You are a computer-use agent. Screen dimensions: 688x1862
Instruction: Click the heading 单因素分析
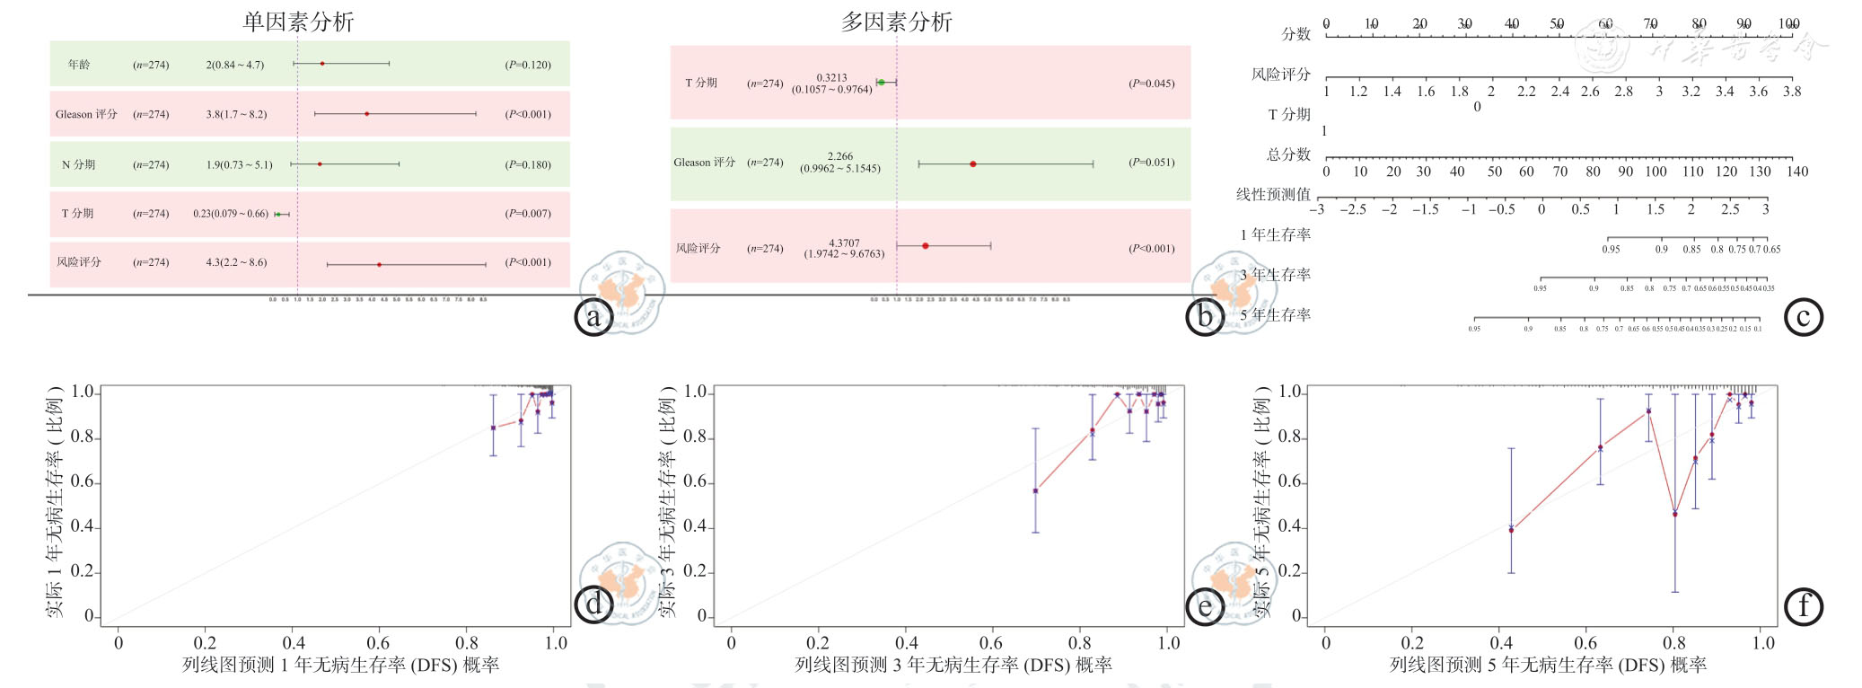coord(298,22)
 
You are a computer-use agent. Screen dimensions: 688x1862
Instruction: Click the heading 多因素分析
coord(896,22)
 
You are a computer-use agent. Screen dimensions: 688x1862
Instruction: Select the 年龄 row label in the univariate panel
coord(79,65)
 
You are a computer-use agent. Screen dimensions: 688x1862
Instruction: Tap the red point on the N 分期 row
coord(320,164)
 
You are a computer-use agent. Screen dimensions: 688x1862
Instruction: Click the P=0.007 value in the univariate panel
coord(528,214)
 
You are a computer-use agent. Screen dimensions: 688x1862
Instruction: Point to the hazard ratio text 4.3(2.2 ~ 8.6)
coord(236,262)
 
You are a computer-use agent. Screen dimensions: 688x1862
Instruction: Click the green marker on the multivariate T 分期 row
coord(881,83)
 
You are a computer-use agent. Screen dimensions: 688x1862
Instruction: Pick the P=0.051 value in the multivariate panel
coord(1151,163)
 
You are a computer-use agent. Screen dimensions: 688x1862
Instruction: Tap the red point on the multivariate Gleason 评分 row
coord(973,164)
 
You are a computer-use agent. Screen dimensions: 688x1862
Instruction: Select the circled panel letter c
coord(1803,316)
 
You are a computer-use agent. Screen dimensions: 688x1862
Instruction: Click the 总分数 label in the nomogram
coord(1288,154)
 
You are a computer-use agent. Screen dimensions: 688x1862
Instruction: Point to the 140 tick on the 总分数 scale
coord(1796,172)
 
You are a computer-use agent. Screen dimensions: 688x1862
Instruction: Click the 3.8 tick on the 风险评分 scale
coord(1792,92)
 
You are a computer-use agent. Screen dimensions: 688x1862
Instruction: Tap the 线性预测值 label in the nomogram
coord(1273,194)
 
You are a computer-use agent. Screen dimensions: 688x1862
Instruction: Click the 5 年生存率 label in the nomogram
coord(1276,315)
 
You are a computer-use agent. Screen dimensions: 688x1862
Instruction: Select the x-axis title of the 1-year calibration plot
coord(340,666)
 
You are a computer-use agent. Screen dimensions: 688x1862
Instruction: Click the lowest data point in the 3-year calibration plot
coord(1035,491)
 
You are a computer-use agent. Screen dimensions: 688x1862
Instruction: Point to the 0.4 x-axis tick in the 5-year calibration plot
coord(1501,643)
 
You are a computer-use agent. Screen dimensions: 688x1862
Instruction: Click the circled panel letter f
coord(1803,606)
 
